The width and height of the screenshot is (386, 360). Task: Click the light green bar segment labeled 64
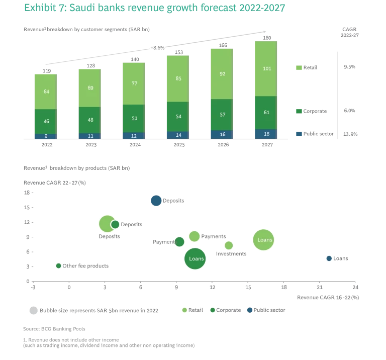click(46, 92)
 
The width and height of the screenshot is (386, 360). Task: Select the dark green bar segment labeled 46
click(46, 121)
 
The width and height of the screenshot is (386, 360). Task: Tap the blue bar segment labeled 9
click(46, 136)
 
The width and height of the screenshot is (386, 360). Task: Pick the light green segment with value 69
click(90, 88)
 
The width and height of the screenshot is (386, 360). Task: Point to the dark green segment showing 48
click(90, 120)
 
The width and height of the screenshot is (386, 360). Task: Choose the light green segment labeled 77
click(134, 83)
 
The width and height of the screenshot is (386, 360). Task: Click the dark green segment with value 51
click(134, 118)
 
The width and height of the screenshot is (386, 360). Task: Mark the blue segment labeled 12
click(134, 136)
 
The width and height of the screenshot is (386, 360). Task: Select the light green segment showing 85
click(178, 78)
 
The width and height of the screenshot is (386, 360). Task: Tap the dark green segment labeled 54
click(178, 116)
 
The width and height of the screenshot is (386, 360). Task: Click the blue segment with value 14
click(178, 135)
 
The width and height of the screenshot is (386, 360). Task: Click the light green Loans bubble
click(264, 240)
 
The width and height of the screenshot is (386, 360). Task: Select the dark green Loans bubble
click(196, 258)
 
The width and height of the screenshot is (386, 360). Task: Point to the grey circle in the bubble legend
click(34, 310)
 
